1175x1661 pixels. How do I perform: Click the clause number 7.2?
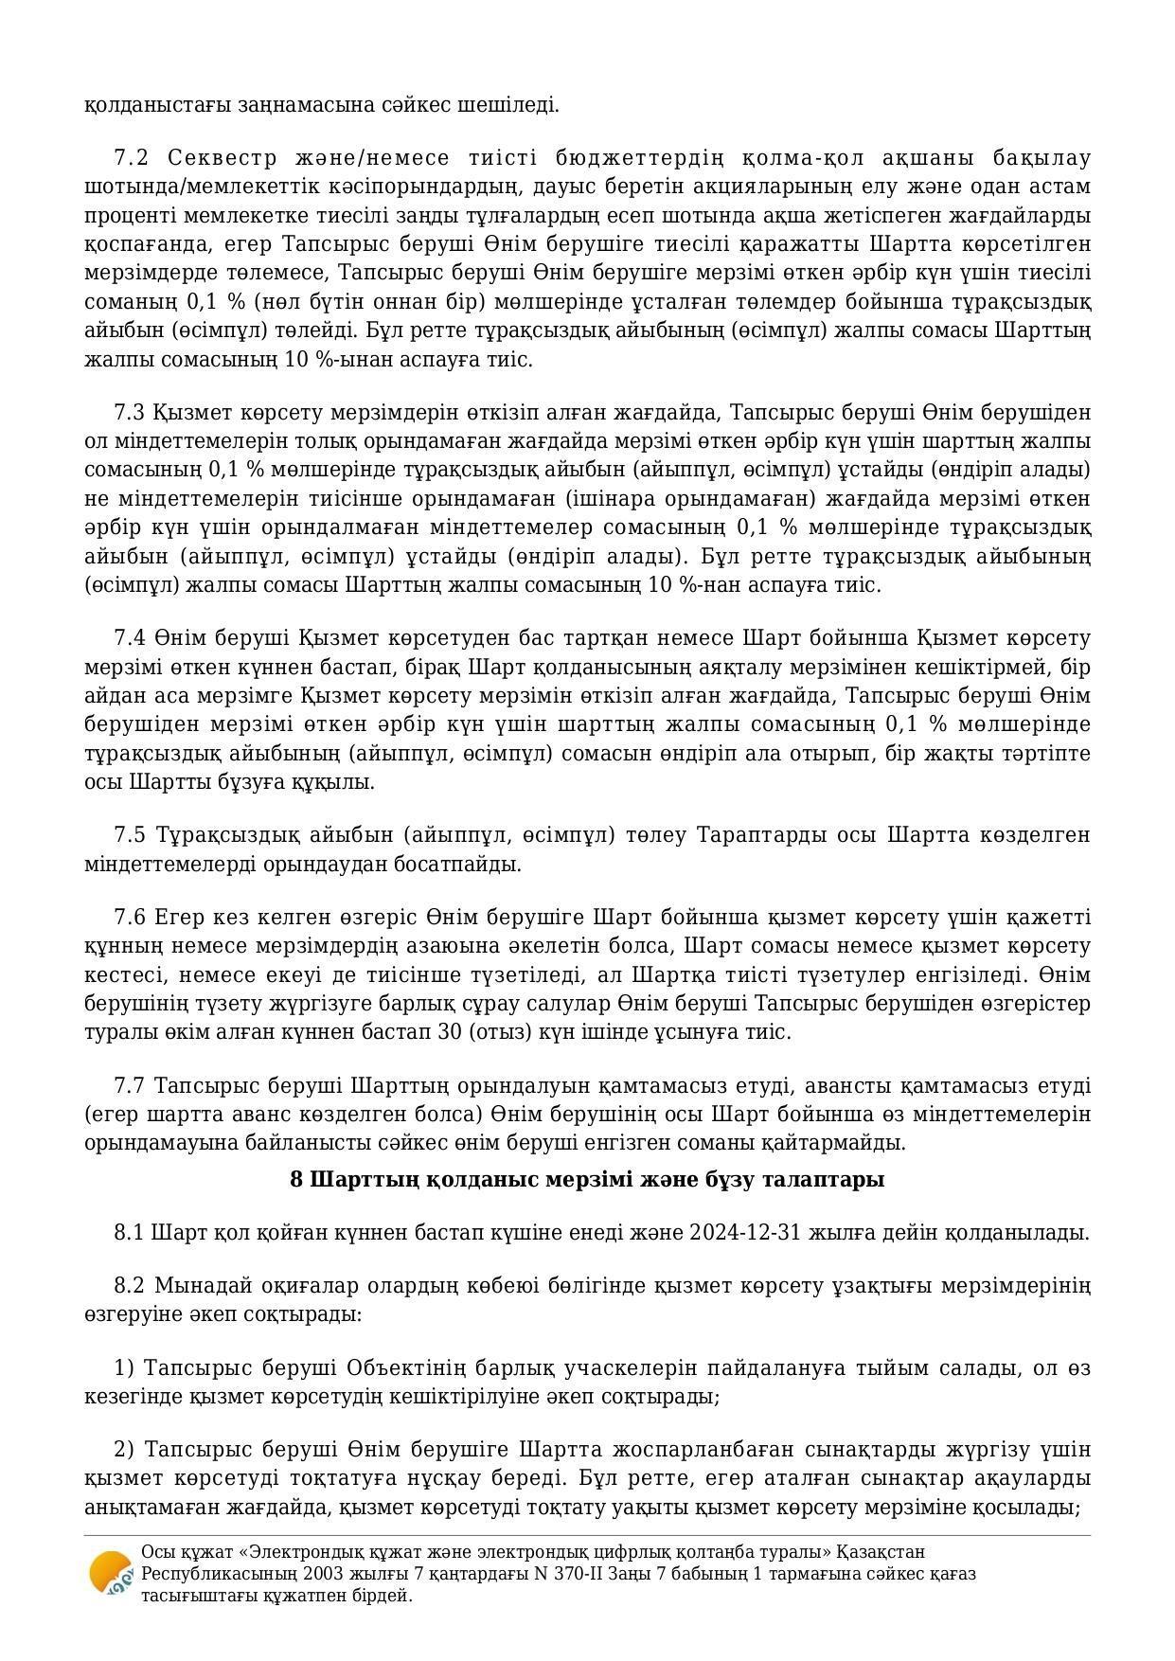pos(129,157)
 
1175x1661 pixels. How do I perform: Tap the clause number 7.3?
pos(129,413)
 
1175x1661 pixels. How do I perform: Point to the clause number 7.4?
pos(129,638)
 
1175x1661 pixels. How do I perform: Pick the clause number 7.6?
pos(129,918)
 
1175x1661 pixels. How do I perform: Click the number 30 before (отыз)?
pos(450,1032)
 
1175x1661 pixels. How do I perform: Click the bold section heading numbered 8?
pos(587,1180)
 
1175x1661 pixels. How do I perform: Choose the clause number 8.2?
pos(129,1286)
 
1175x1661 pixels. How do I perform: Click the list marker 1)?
pos(125,1368)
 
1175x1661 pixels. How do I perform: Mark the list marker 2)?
pos(125,1450)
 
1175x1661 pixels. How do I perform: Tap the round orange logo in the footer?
pos(110,1573)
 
